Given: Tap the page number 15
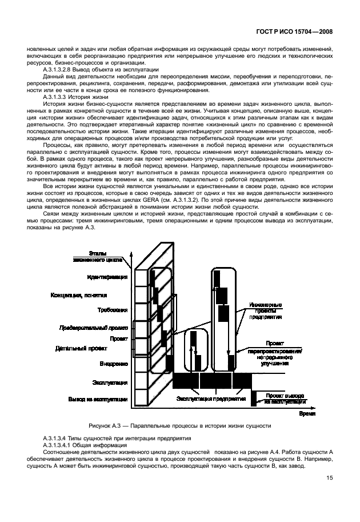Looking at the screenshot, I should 330,479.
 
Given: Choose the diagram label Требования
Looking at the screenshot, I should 112,309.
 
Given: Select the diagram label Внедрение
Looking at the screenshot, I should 113,363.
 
